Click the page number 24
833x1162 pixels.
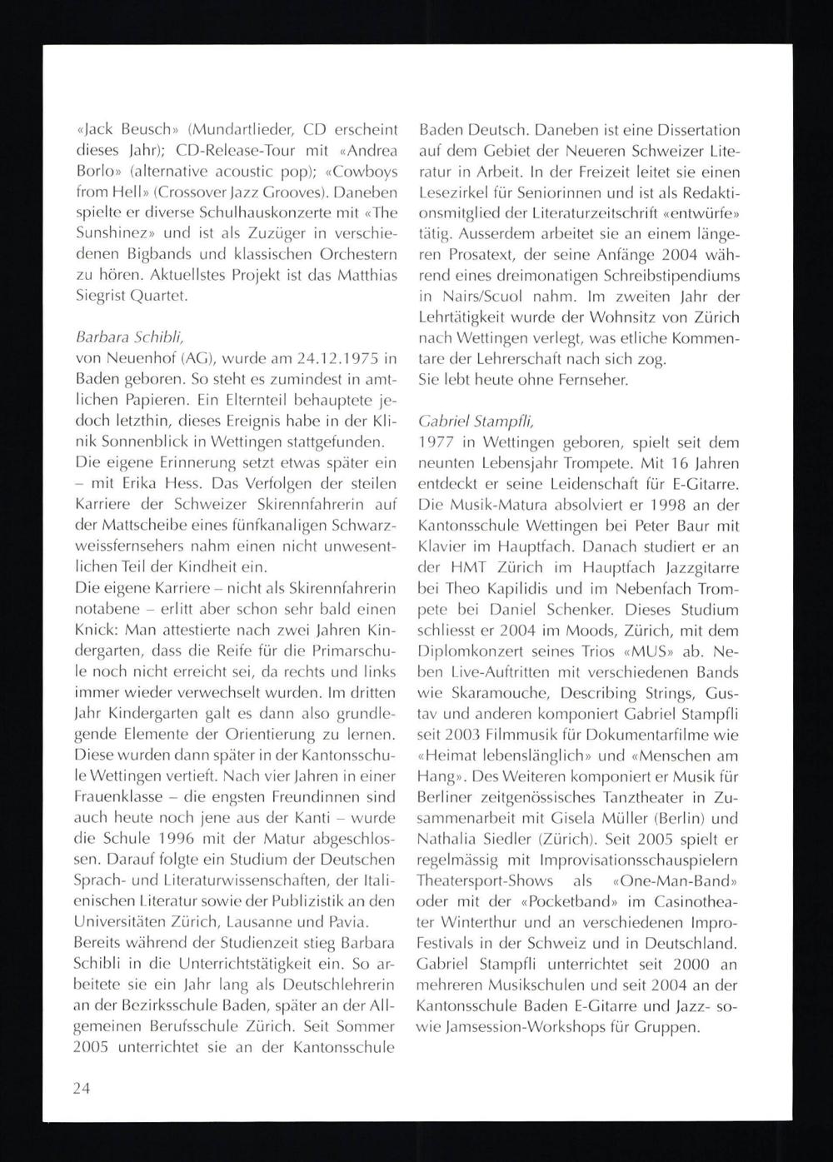(x=82, y=1089)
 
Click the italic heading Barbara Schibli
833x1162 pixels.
(x=118, y=339)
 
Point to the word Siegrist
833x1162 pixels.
(x=102, y=295)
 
